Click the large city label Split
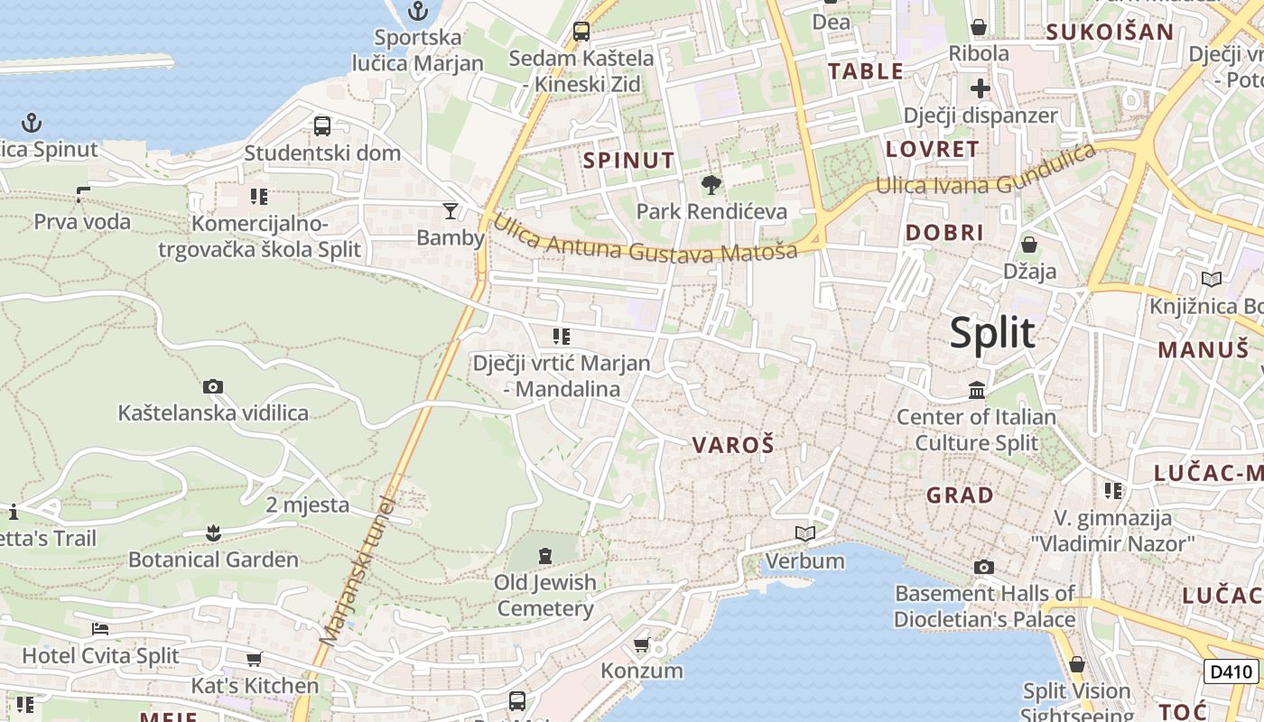coord(991,334)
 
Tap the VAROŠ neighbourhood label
coord(733,444)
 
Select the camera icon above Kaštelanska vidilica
coord(213,387)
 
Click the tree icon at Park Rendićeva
coord(711,185)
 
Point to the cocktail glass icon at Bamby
coord(450,211)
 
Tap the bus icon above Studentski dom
coord(322,126)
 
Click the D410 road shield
coord(1231,671)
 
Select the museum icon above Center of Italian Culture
coord(977,391)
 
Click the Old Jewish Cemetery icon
coord(545,555)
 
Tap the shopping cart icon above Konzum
coord(642,644)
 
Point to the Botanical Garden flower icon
coord(213,532)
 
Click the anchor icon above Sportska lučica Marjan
coord(417,12)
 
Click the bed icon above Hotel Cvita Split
coord(100,628)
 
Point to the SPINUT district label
coord(629,161)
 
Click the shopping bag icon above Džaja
coord(1028,245)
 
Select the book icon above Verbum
coord(804,533)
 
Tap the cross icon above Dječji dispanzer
coord(980,88)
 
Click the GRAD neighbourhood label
coord(960,495)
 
